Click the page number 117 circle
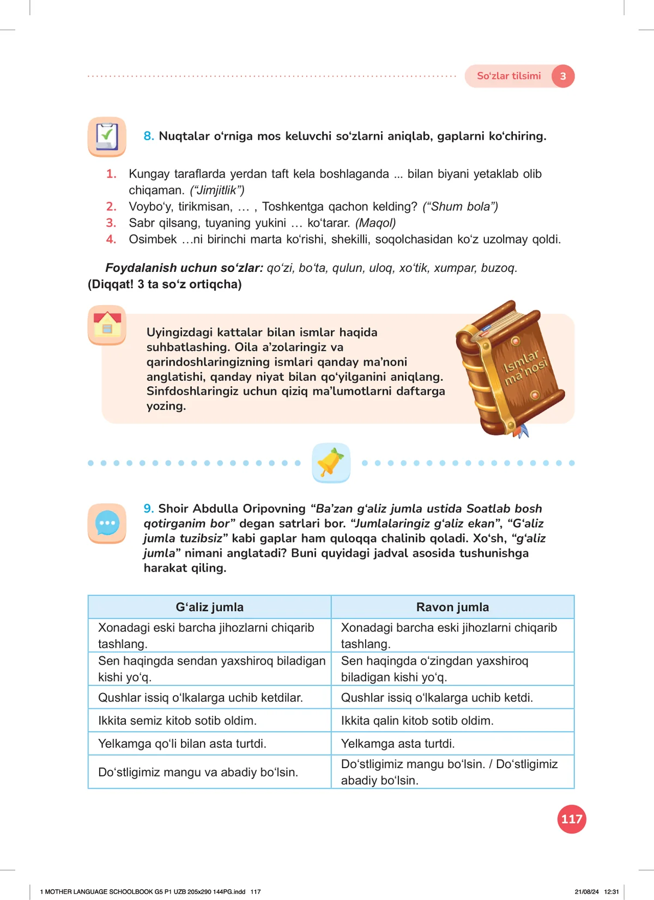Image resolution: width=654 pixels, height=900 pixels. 572,819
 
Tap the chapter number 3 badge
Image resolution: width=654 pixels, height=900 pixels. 563,76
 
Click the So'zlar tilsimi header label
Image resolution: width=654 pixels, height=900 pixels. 508,76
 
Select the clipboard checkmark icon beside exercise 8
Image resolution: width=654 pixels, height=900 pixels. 107,136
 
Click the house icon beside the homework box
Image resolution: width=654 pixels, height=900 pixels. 107,325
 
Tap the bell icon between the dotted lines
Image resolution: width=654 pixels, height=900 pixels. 331,463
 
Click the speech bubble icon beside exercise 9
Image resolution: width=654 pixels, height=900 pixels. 107,523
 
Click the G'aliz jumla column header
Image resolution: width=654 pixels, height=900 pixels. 209,607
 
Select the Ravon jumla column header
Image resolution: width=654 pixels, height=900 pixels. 452,607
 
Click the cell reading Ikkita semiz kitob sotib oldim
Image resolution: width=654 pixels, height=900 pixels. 177,720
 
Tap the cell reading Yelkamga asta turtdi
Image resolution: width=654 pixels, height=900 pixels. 398,743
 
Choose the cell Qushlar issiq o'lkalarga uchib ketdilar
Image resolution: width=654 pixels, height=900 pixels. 200,697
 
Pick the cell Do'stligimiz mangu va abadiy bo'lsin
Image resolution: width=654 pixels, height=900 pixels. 198,772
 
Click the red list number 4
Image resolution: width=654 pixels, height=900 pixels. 111,239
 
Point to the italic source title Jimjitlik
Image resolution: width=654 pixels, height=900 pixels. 217,190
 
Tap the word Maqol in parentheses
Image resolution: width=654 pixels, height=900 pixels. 376,223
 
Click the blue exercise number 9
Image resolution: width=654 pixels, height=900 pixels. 148,508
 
